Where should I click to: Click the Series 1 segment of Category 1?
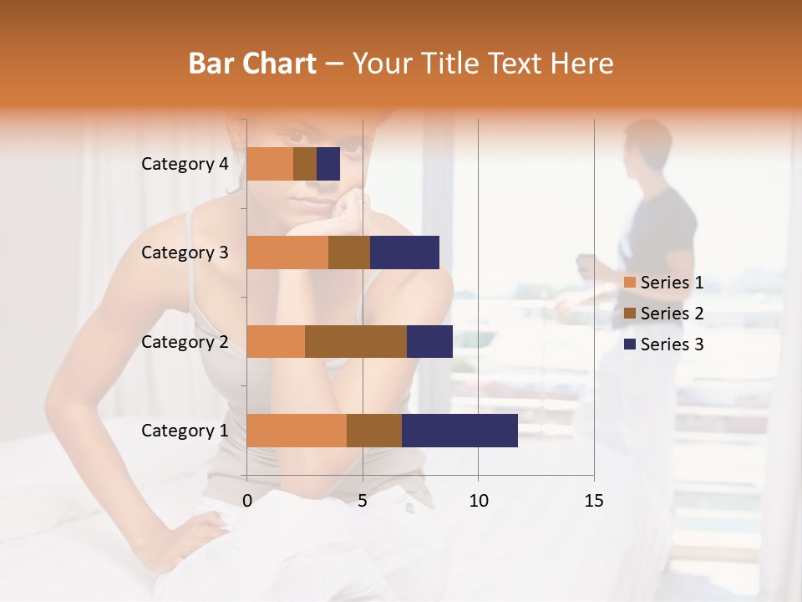(x=297, y=431)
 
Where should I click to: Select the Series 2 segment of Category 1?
(x=374, y=431)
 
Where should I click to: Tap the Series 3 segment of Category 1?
(x=459, y=431)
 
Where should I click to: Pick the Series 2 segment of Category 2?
(x=356, y=341)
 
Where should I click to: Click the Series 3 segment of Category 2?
(x=429, y=341)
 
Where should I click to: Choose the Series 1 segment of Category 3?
(x=287, y=253)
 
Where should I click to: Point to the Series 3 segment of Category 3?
(x=404, y=253)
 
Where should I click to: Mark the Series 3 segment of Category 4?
(x=328, y=164)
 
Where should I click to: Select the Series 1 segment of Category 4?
(x=270, y=164)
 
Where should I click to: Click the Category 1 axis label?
(x=184, y=431)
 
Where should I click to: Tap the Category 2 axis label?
(x=184, y=342)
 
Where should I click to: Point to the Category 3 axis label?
(x=184, y=253)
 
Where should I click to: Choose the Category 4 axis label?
(x=184, y=164)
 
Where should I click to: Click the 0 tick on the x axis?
(x=247, y=501)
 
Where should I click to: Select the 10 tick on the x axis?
(x=478, y=501)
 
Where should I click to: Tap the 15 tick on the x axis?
(x=594, y=501)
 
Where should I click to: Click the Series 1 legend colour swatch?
(x=630, y=283)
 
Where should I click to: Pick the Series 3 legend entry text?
(x=672, y=344)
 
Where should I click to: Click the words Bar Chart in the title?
(x=252, y=64)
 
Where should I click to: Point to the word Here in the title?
(x=581, y=64)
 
